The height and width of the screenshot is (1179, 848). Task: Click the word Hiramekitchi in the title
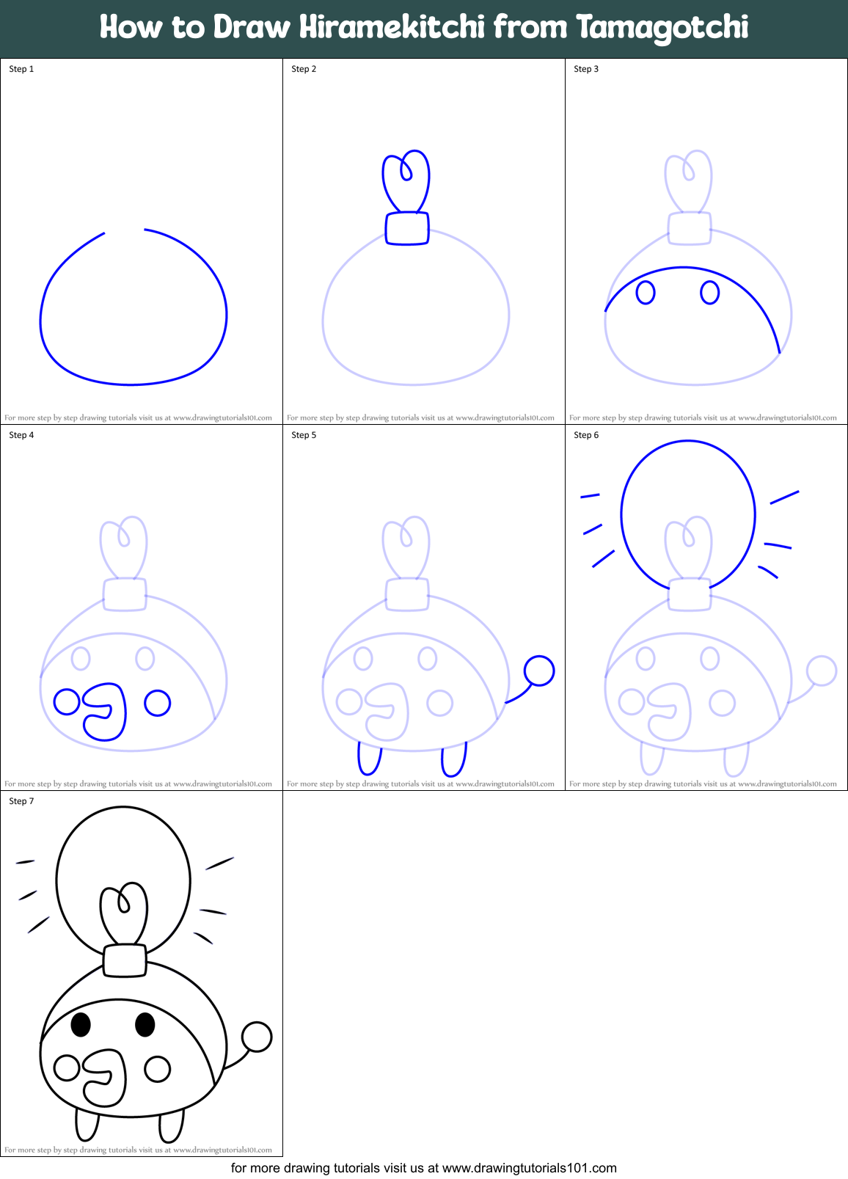(392, 27)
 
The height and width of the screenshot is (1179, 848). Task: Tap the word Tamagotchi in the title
(662, 29)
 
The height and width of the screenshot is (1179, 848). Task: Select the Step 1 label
(21, 69)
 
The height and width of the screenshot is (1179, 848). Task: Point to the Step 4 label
(21, 435)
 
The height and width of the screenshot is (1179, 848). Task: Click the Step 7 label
(21, 801)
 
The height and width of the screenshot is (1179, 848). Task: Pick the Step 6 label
(586, 435)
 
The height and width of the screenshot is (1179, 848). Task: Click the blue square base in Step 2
(407, 228)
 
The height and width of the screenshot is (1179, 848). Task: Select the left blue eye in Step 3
(646, 293)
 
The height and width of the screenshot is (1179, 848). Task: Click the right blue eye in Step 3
(709, 293)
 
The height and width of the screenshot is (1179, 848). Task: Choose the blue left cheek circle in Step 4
(67, 702)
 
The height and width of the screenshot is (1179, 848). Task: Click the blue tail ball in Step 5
(539, 671)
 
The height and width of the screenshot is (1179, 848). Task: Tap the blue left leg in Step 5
(369, 759)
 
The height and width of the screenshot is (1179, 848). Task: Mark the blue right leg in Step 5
(454, 760)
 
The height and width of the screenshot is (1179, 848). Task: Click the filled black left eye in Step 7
(81, 1024)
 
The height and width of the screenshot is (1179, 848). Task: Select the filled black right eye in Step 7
(145, 1024)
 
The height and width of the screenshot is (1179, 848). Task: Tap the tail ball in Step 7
(257, 1037)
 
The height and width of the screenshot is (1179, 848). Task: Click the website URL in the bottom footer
(529, 1168)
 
